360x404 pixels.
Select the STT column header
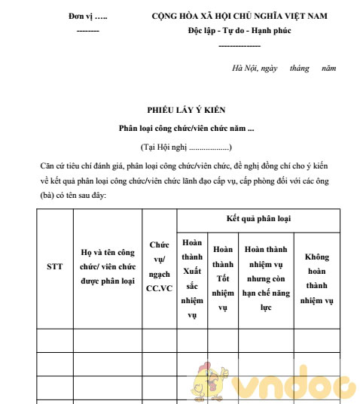(55, 266)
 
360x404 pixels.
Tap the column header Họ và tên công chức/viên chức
(108, 266)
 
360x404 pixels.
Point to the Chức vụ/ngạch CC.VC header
(159, 266)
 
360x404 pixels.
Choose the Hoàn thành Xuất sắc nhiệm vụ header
(192, 278)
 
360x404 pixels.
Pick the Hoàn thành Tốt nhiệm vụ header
(223, 278)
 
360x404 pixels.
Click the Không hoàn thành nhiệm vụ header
(316, 278)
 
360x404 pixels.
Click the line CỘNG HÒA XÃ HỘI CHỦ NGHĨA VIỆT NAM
(239, 16)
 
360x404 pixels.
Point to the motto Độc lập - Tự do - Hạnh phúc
(239, 31)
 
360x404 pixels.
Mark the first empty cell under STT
(55, 340)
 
